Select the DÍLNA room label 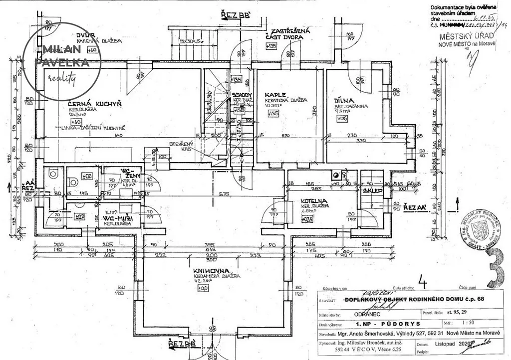344,100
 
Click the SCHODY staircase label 242,95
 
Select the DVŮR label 86,34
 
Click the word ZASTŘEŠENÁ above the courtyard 287,31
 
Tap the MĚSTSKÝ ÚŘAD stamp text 467,37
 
